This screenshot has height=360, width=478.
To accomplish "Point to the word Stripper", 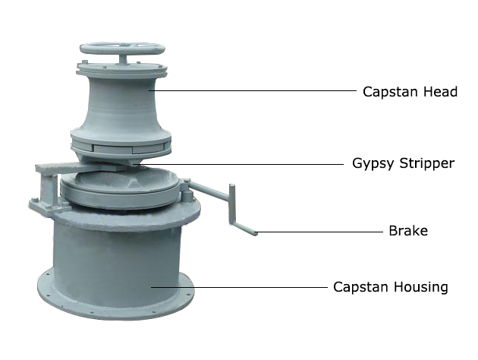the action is [x=426, y=164].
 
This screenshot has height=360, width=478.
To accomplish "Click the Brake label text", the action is [x=408, y=231].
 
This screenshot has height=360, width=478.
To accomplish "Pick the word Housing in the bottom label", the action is [x=420, y=287].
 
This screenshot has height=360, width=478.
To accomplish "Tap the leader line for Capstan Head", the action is [x=253, y=90].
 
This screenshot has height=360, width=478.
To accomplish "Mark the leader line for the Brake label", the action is [x=319, y=232].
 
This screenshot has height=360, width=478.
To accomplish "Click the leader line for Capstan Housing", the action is [x=239, y=287].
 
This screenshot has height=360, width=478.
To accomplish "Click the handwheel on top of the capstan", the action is [x=122, y=49].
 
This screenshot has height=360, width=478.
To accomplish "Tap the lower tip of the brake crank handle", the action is [x=256, y=234].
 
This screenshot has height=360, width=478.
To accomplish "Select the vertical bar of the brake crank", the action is [x=232, y=205].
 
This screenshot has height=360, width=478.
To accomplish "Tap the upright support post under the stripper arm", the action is [x=48, y=189].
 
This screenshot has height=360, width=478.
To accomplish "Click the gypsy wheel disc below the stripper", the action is [x=120, y=187].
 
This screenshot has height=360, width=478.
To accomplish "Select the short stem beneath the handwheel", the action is [x=123, y=59].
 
